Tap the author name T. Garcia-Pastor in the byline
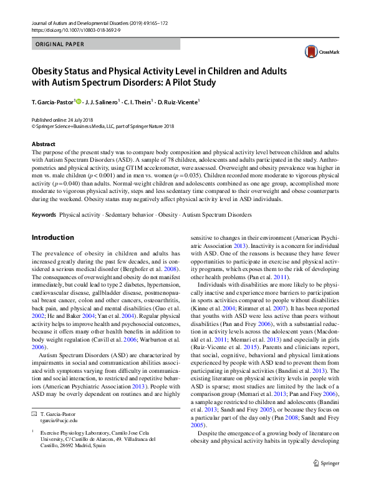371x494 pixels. click(52, 101)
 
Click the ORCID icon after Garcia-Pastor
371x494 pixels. click(79, 101)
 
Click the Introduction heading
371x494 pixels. click(52, 237)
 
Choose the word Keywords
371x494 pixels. click(44, 215)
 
